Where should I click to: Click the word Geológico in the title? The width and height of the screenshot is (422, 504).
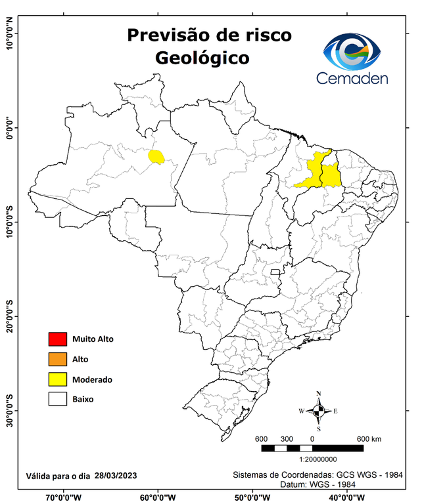click(202, 58)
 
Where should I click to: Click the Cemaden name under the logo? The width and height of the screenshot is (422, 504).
click(352, 78)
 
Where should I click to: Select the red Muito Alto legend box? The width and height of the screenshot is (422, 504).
click(57, 339)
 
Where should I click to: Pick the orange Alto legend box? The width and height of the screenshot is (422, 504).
click(57, 359)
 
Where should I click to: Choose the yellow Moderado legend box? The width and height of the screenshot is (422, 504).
click(57, 379)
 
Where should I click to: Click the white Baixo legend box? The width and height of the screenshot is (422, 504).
click(57, 399)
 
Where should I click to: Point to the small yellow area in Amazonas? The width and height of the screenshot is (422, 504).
click(156, 156)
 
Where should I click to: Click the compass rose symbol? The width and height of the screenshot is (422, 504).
click(319, 411)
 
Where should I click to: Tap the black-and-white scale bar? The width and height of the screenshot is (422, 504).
click(312, 448)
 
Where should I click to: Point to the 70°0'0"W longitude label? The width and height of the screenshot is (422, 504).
click(63, 497)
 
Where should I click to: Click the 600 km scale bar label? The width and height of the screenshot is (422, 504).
click(369, 438)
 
